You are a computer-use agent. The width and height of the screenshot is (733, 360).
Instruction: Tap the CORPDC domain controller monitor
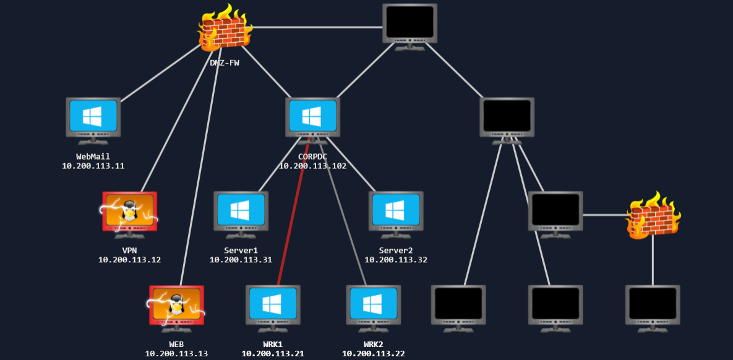(312, 116)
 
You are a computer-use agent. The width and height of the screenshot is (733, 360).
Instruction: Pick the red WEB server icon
(176, 304)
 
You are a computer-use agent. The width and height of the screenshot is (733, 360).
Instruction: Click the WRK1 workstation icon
(273, 304)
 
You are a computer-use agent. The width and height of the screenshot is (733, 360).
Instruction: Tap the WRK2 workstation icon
(373, 304)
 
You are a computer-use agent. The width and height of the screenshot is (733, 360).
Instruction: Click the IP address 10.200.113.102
(312, 166)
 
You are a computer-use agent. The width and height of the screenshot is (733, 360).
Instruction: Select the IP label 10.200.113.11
(93, 166)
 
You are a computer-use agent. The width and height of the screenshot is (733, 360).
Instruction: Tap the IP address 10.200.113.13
(176, 354)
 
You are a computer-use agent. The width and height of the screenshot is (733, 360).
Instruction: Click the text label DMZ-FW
(224, 62)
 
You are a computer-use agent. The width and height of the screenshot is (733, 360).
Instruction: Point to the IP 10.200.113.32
(396, 260)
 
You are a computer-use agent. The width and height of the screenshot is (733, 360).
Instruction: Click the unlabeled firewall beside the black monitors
(653, 215)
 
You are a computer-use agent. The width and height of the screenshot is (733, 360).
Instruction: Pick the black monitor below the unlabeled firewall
(653, 304)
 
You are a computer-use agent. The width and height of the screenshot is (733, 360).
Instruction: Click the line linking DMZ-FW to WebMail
(162, 72)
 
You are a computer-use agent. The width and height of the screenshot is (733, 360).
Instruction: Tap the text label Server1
(241, 251)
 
